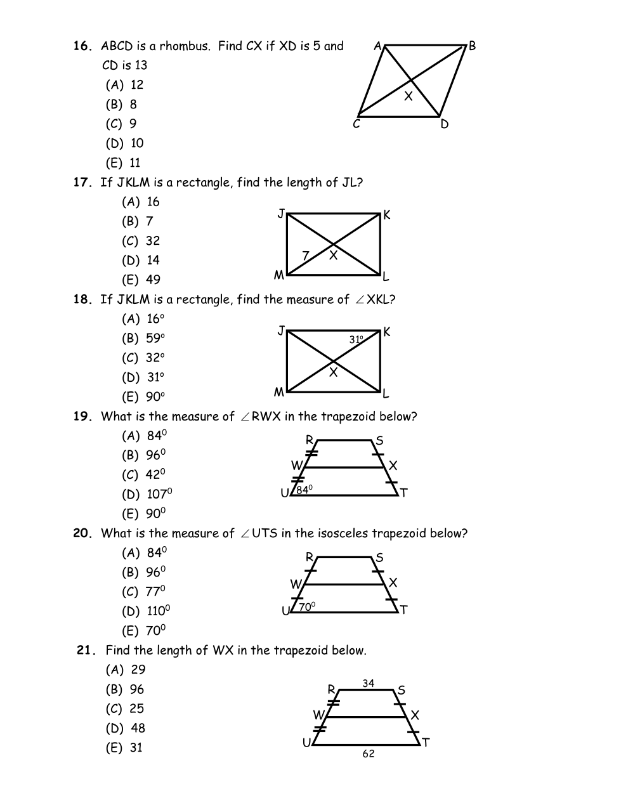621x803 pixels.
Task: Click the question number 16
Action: [x=82, y=46]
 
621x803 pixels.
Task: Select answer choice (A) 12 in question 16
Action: [x=125, y=85]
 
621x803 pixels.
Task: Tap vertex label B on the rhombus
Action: [x=472, y=46]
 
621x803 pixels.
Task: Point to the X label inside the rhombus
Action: [x=409, y=96]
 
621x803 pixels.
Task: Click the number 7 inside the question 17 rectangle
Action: [x=305, y=256]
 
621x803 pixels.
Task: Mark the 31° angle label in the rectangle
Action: [x=356, y=340]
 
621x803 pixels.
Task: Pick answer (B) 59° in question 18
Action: [x=143, y=338]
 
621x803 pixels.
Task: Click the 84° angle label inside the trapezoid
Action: [x=305, y=490]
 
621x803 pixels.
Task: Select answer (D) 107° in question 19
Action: [x=147, y=494]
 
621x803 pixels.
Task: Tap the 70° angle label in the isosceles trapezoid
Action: [x=307, y=607]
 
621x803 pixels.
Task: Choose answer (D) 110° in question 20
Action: [x=146, y=611]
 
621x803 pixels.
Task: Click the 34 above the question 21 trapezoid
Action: [x=369, y=683]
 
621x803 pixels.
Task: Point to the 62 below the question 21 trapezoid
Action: [x=369, y=754]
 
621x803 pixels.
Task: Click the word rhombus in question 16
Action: [x=184, y=46]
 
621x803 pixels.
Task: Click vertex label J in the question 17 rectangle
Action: [x=280, y=214]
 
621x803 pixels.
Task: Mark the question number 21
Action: [x=86, y=650]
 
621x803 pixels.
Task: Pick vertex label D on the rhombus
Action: [x=444, y=124]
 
